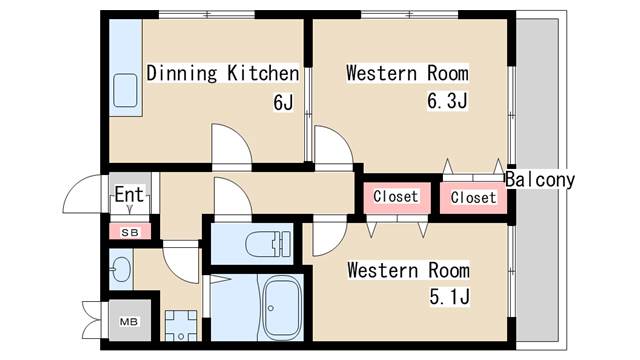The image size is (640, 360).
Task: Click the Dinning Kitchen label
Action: tap(222, 73)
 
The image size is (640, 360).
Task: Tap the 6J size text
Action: tap(283, 102)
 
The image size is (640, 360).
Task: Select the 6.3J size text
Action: tap(447, 100)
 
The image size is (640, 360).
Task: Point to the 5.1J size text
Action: tap(449, 297)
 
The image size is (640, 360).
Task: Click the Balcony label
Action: tap(540, 180)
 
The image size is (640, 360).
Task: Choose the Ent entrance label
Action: tap(129, 194)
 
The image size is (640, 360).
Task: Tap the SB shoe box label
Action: tap(130, 233)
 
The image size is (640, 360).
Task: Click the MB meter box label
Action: tap(129, 322)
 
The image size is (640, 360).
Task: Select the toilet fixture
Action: tap(268, 244)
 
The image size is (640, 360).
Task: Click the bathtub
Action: tap(282, 307)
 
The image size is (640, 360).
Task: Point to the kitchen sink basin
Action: tap(125, 91)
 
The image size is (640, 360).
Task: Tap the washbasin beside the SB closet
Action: tap(121, 269)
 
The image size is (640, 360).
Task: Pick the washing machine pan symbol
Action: tap(181, 325)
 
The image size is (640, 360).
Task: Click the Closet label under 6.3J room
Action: tap(396, 197)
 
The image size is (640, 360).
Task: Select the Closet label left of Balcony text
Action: tap(473, 198)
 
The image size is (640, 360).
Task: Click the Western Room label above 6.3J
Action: tap(407, 73)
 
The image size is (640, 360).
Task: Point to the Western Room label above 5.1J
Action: tap(408, 271)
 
